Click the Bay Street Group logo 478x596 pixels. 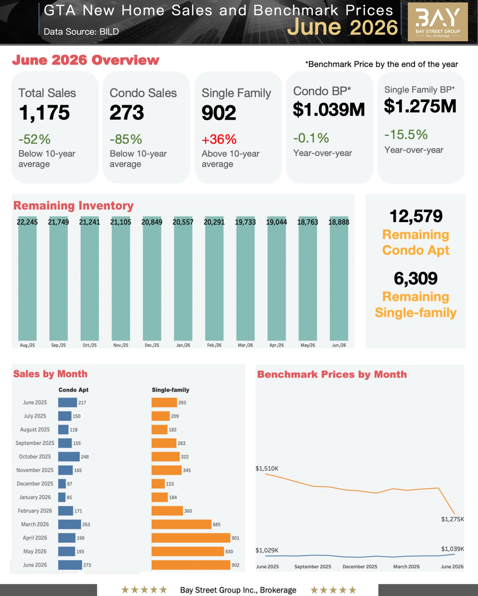438,22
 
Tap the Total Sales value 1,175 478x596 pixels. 44,113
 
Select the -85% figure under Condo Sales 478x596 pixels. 126,139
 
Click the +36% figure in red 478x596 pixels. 219,139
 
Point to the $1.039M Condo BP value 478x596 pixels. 329,109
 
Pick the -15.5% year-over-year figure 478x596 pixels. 406,135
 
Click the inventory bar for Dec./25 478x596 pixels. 152,278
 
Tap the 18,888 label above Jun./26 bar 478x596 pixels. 339,222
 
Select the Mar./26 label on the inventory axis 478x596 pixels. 245,345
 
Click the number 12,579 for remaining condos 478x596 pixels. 416,216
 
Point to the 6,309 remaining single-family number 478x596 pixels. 415,278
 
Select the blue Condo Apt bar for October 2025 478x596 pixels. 69,456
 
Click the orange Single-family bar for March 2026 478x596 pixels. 181,524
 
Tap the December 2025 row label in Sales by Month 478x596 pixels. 35,483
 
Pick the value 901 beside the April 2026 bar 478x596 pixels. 235,538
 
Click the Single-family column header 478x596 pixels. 170,390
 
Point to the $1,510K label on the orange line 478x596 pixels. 267,468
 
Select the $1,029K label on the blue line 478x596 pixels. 267,550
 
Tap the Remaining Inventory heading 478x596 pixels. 73,206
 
